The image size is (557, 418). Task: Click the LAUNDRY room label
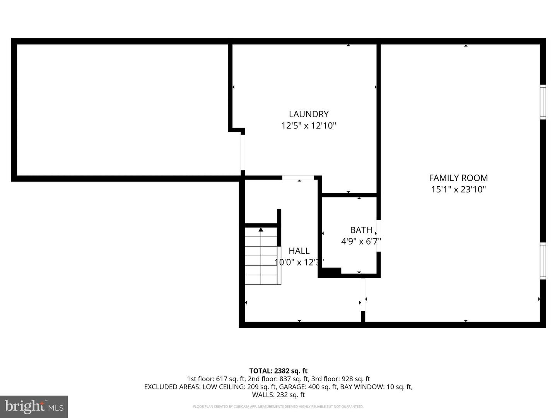(x=309, y=114)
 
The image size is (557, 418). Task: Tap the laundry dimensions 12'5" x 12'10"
(x=309, y=126)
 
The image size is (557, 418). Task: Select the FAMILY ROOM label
(x=458, y=178)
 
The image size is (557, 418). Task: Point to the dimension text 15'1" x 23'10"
(x=458, y=190)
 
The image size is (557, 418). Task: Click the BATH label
(x=361, y=230)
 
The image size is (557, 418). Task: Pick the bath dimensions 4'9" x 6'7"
(x=361, y=242)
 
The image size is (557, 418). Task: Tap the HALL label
(x=299, y=251)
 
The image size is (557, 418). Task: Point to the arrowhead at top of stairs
(x=261, y=230)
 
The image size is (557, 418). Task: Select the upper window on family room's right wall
(x=543, y=102)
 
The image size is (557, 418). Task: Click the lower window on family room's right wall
(x=543, y=260)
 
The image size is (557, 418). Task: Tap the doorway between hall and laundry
(x=298, y=178)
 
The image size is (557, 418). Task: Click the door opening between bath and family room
(x=379, y=236)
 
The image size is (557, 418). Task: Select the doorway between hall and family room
(x=363, y=294)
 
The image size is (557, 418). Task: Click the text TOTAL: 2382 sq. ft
(x=278, y=371)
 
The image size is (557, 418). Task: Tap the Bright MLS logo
(x=34, y=406)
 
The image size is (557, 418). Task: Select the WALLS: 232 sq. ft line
(x=278, y=395)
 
